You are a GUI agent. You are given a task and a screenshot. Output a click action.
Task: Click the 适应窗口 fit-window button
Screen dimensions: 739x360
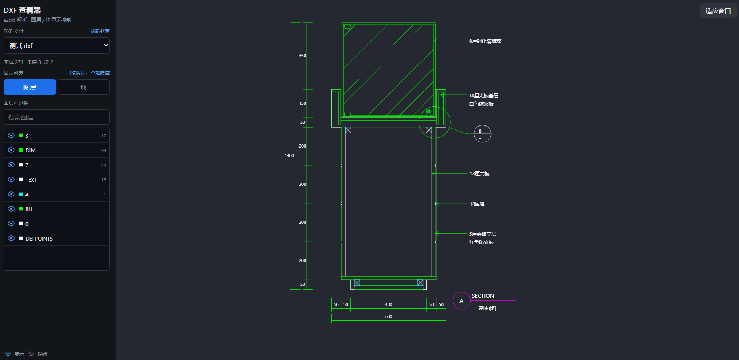click(x=718, y=11)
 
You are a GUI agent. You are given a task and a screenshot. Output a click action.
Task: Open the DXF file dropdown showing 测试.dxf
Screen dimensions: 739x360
click(x=56, y=46)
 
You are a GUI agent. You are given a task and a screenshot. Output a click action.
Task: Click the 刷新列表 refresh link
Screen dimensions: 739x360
click(x=100, y=31)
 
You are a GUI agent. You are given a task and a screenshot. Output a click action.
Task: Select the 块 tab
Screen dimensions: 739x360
click(x=83, y=87)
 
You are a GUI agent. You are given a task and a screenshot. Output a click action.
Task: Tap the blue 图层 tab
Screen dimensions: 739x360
click(x=30, y=87)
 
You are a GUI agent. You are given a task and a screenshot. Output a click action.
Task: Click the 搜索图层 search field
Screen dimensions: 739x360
click(x=56, y=117)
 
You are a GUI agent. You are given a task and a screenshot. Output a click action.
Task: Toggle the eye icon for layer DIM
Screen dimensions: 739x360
click(x=11, y=150)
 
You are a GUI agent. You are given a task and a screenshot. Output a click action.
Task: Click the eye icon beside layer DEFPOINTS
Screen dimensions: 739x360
click(x=11, y=239)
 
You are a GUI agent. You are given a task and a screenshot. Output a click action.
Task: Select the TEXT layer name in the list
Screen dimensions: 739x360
click(x=31, y=180)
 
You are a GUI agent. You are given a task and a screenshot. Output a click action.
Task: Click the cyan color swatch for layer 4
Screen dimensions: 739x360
click(x=21, y=194)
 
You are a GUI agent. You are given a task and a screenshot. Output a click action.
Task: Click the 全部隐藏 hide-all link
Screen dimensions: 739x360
click(x=100, y=73)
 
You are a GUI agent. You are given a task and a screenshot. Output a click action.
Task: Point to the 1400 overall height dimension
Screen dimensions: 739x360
click(x=289, y=156)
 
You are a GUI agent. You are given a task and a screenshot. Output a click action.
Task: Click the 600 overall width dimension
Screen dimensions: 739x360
click(x=388, y=316)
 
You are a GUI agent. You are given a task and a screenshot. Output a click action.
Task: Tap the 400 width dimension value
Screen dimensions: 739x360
click(x=388, y=304)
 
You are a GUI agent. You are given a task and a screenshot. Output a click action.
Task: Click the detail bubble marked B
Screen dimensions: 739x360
click(x=482, y=134)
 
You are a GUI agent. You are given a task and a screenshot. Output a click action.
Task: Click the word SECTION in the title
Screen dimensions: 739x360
click(x=483, y=296)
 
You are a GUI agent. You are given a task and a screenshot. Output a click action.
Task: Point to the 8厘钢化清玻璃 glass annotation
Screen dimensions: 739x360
click(x=485, y=41)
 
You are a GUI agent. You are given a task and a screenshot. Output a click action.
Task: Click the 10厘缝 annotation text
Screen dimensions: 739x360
click(x=477, y=204)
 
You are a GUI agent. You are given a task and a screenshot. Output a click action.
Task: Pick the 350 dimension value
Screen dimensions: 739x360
click(x=303, y=56)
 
